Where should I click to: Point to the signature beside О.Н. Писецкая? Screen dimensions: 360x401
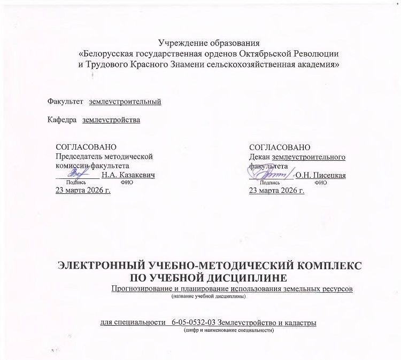click(271, 173)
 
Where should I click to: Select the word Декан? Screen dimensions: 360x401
click(260, 156)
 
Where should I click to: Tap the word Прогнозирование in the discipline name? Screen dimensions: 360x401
click(141, 289)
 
